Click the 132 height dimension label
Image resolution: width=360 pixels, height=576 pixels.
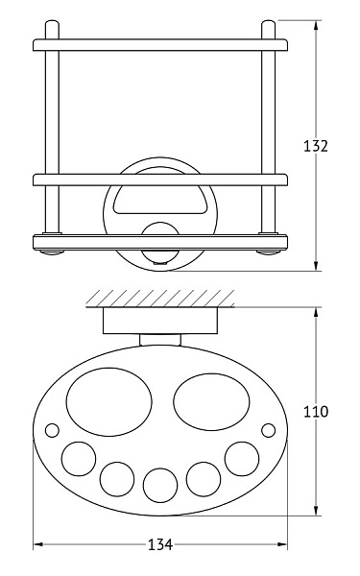tap(315, 146)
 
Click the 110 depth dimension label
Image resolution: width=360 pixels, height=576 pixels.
tap(315, 412)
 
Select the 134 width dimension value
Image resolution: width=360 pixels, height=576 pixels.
tap(160, 544)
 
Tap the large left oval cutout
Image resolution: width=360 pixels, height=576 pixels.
tap(109, 402)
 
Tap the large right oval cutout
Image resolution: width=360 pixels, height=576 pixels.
tap(211, 402)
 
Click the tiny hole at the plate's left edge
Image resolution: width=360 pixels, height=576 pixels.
tap(52, 430)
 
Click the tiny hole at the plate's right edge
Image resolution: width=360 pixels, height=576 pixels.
tap(268, 430)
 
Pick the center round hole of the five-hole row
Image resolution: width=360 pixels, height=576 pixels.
tap(160, 485)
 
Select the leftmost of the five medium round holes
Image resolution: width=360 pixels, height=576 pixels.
tap(79, 459)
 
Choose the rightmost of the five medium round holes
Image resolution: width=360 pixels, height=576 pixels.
tap(242, 459)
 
